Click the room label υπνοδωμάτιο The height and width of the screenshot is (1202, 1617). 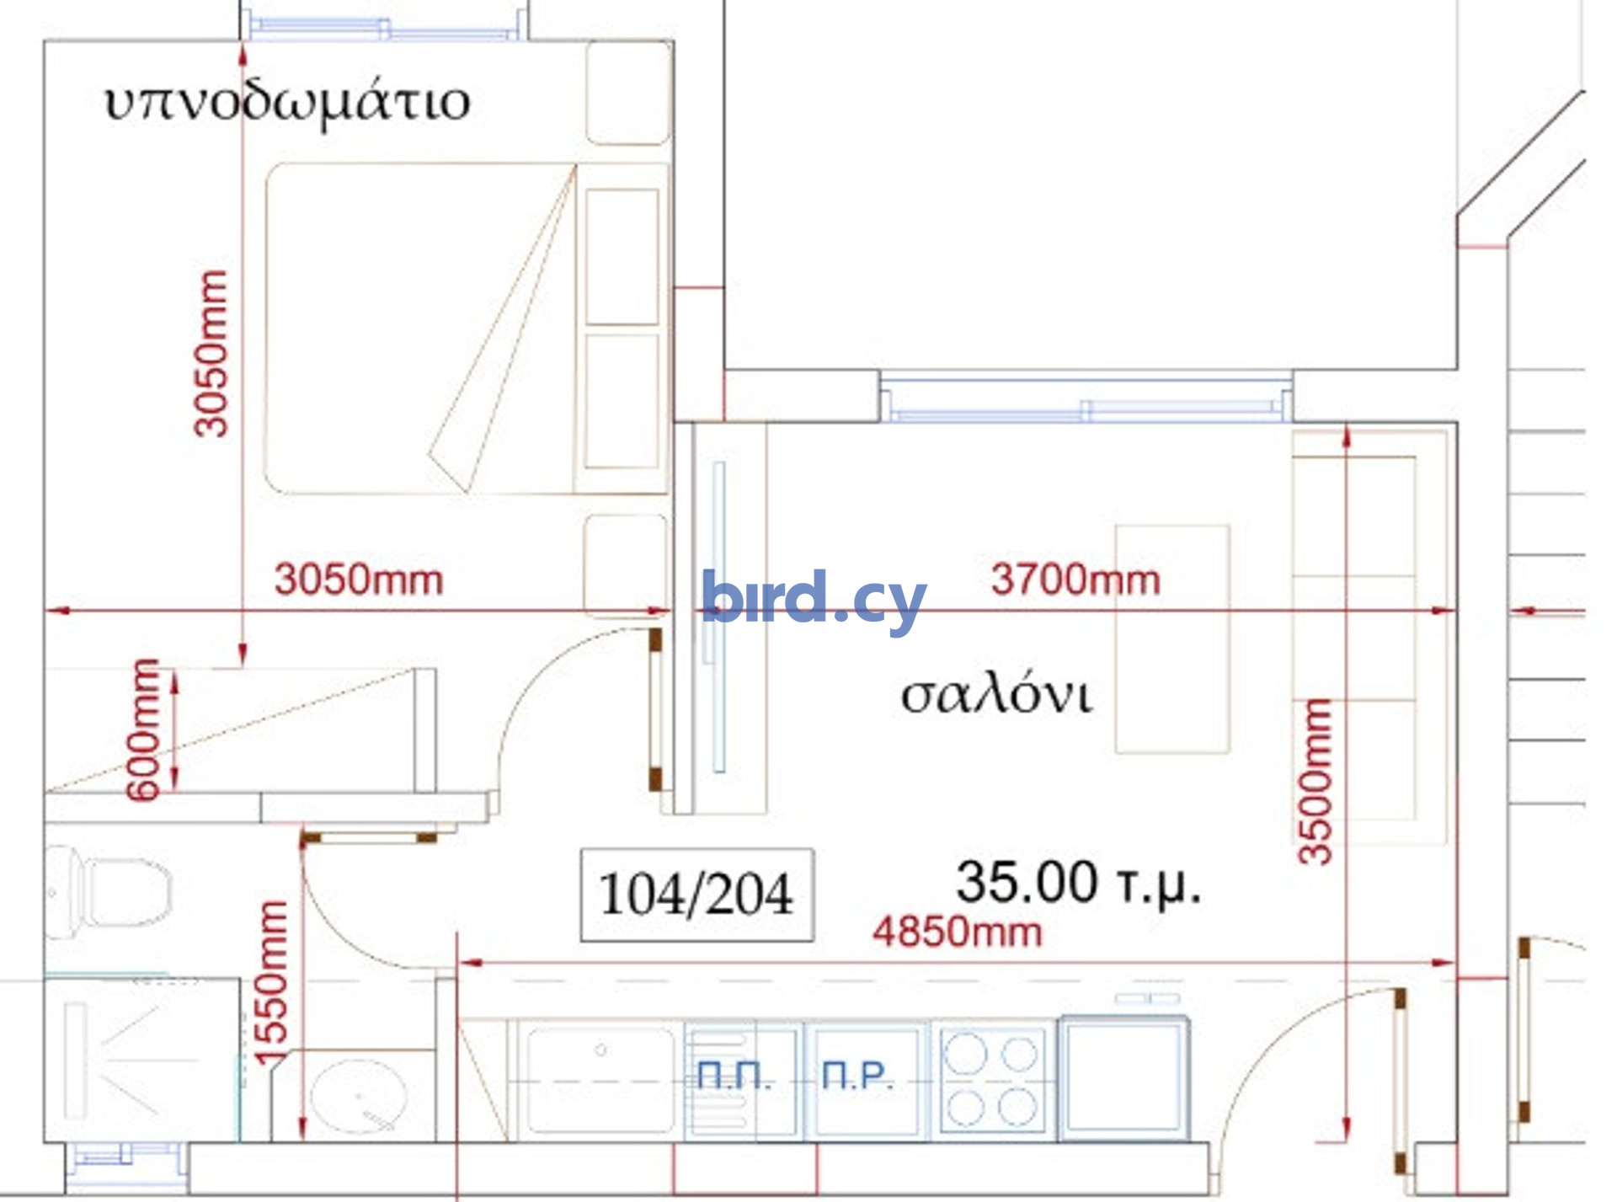pos(287,104)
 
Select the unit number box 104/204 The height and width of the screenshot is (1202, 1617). pos(696,895)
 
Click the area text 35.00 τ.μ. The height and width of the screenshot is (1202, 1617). pos(1078,883)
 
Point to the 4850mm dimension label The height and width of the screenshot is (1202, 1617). pos(957,932)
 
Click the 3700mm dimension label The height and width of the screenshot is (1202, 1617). pos(1075,580)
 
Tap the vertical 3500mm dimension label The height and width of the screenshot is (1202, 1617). pos(1315,782)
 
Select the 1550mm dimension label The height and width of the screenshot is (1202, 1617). pos(271,985)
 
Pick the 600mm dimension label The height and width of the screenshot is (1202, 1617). pos(142,729)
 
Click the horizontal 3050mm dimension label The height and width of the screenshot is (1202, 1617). pos(359,580)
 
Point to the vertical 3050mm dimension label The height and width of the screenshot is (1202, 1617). pos(211,354)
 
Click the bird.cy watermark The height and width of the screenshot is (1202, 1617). pos(814,599)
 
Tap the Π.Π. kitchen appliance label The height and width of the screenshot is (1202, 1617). pos(734,1076)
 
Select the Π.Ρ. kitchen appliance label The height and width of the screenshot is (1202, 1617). pos(857,1076)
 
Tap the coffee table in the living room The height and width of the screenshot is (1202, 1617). pos(1172,638)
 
